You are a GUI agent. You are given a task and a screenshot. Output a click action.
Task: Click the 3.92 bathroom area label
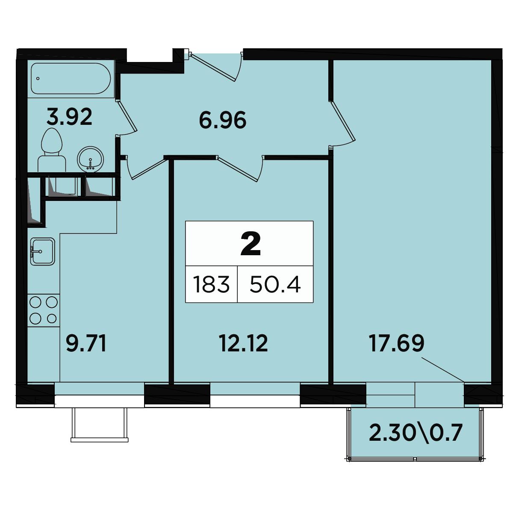click(x=70, y=117)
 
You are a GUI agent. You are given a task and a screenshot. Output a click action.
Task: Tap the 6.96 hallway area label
click(x=223, y=121)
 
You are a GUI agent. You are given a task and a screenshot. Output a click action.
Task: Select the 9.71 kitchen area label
click(x=86, y=344)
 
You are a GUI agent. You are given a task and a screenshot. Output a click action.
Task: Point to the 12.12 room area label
click(x=243, y=343)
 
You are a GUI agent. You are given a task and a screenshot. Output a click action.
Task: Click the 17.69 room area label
click(x=396, y=343)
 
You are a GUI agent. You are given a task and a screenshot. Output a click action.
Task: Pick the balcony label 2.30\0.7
click(x=415, y=433)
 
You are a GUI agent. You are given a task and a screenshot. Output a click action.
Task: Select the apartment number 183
click(x=211, y=285)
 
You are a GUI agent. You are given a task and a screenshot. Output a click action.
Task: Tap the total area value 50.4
click(x=275, y=285)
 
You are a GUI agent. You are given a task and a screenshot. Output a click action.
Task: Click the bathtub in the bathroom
click(x=71, y=79)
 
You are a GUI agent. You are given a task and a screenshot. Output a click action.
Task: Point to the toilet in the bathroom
click(x=52, y=150)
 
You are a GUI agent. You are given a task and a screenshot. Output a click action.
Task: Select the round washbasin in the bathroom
click(x=91, y=159)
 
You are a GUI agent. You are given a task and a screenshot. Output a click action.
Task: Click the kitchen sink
click(x=43, y=251)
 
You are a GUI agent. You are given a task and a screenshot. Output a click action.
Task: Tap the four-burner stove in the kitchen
click(x=44, y=310)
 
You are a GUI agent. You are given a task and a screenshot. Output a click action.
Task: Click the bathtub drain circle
click(x=38, y=79)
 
